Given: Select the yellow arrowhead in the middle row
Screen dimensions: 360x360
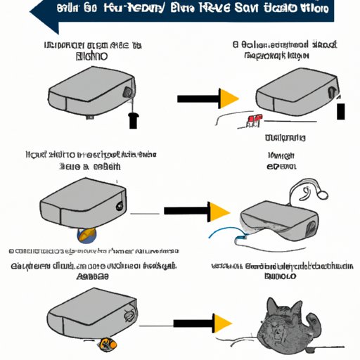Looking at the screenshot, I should pyautogui.click(x=219, y=210).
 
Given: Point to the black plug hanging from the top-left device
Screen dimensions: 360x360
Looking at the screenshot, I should pyautogui.click(x=132, y=120).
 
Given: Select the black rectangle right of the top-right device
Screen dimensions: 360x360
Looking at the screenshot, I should pyautogui.click(x=341, y=111).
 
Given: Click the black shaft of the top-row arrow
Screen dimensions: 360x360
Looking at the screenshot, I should pyautogui.click(x=197, y=99).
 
